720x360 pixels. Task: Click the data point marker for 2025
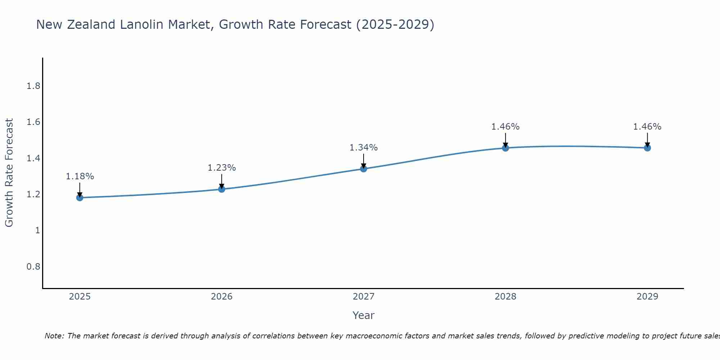point(80,198)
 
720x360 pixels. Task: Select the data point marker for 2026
point(222,189)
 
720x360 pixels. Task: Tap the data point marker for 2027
point(364,168)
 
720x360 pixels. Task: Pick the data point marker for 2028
point(505,148)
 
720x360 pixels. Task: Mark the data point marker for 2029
point(647,148)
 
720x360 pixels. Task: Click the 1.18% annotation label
point(80,176)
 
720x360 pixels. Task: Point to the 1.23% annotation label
point(222,168)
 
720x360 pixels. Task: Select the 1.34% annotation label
point(364,148)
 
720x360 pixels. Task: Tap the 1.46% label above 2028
point(505,127)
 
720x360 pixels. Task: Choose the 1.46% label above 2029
point(647,127)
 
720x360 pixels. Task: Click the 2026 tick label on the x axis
point(222,297)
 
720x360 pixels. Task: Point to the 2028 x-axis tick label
point(505,297)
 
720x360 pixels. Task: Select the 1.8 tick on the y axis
point(33,86)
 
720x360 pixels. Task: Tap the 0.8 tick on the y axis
point(33,267)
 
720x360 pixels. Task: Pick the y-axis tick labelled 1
point(37,230)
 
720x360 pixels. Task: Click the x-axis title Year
point(364,315)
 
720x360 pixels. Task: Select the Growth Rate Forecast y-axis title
point(9,173)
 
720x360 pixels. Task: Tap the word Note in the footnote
point(54,336)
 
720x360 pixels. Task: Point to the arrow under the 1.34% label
point(364,161)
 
